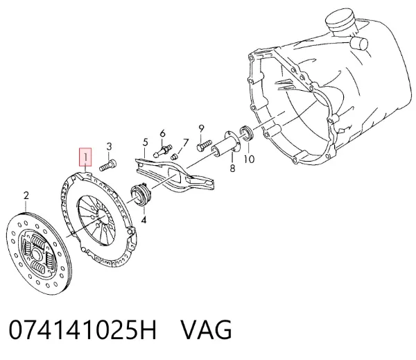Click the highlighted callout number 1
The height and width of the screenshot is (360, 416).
tap(85, 157)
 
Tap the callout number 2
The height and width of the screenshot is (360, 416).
tap(26, 196)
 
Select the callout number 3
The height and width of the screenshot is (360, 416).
tap(109, 146)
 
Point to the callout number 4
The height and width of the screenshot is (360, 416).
tap(144, 220)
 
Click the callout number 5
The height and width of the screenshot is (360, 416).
tap(145, 142)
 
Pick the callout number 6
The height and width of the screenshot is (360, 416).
tap(162, 133)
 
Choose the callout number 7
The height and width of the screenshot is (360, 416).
tap(185, 143)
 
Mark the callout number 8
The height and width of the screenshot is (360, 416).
tap(232, 168)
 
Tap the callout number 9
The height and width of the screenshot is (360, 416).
tap(201, 129)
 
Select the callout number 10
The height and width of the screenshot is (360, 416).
tap(249, 159)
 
